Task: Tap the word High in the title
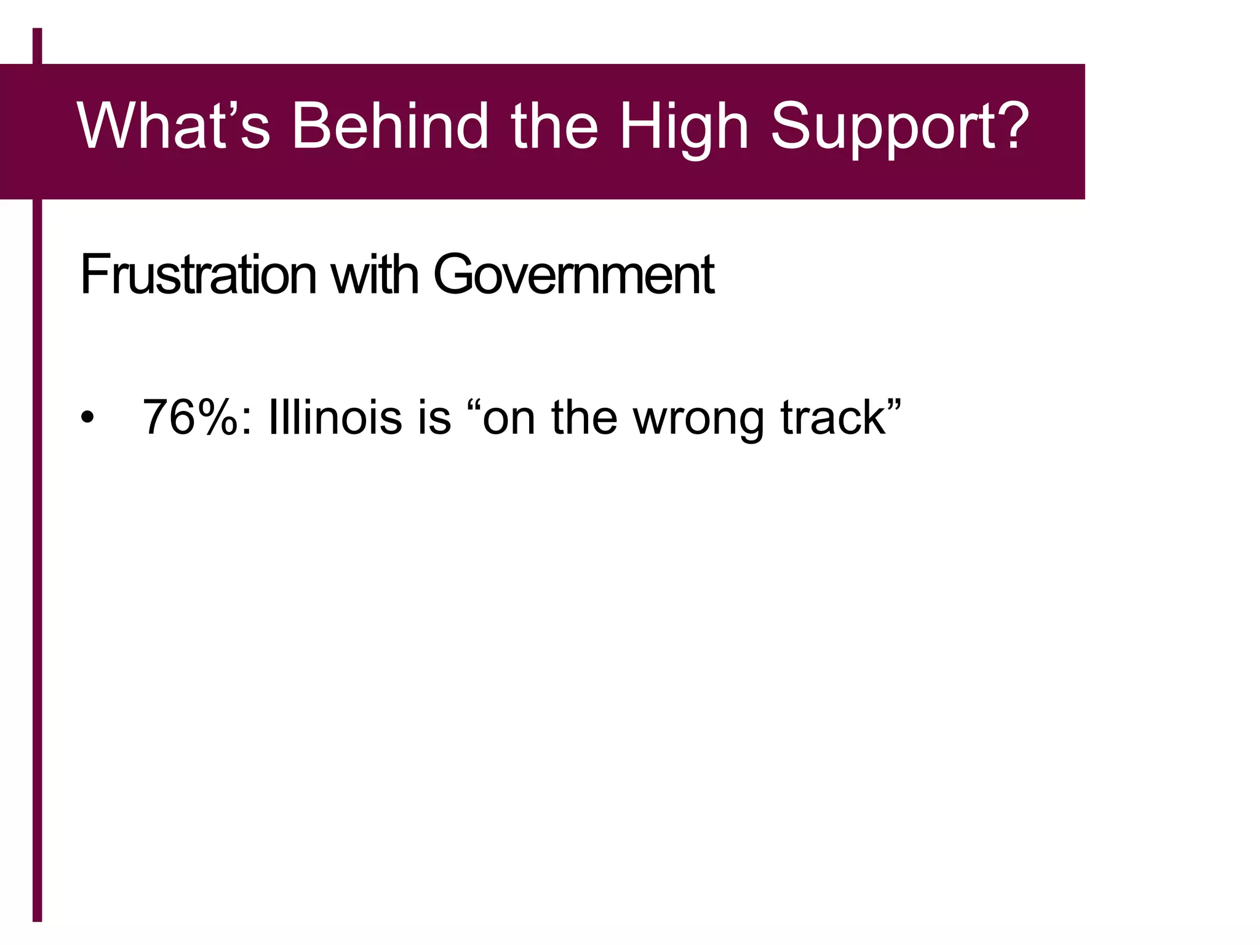pyautogui.click(x=683, y=128)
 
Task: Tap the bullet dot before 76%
pyautogui.click(x=88, y=418)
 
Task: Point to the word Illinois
pyautogui.click(x=335, y=418)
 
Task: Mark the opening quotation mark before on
pyautogui.click(x=473, y=404)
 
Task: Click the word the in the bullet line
pyautogui.click(x=584, y=418)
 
